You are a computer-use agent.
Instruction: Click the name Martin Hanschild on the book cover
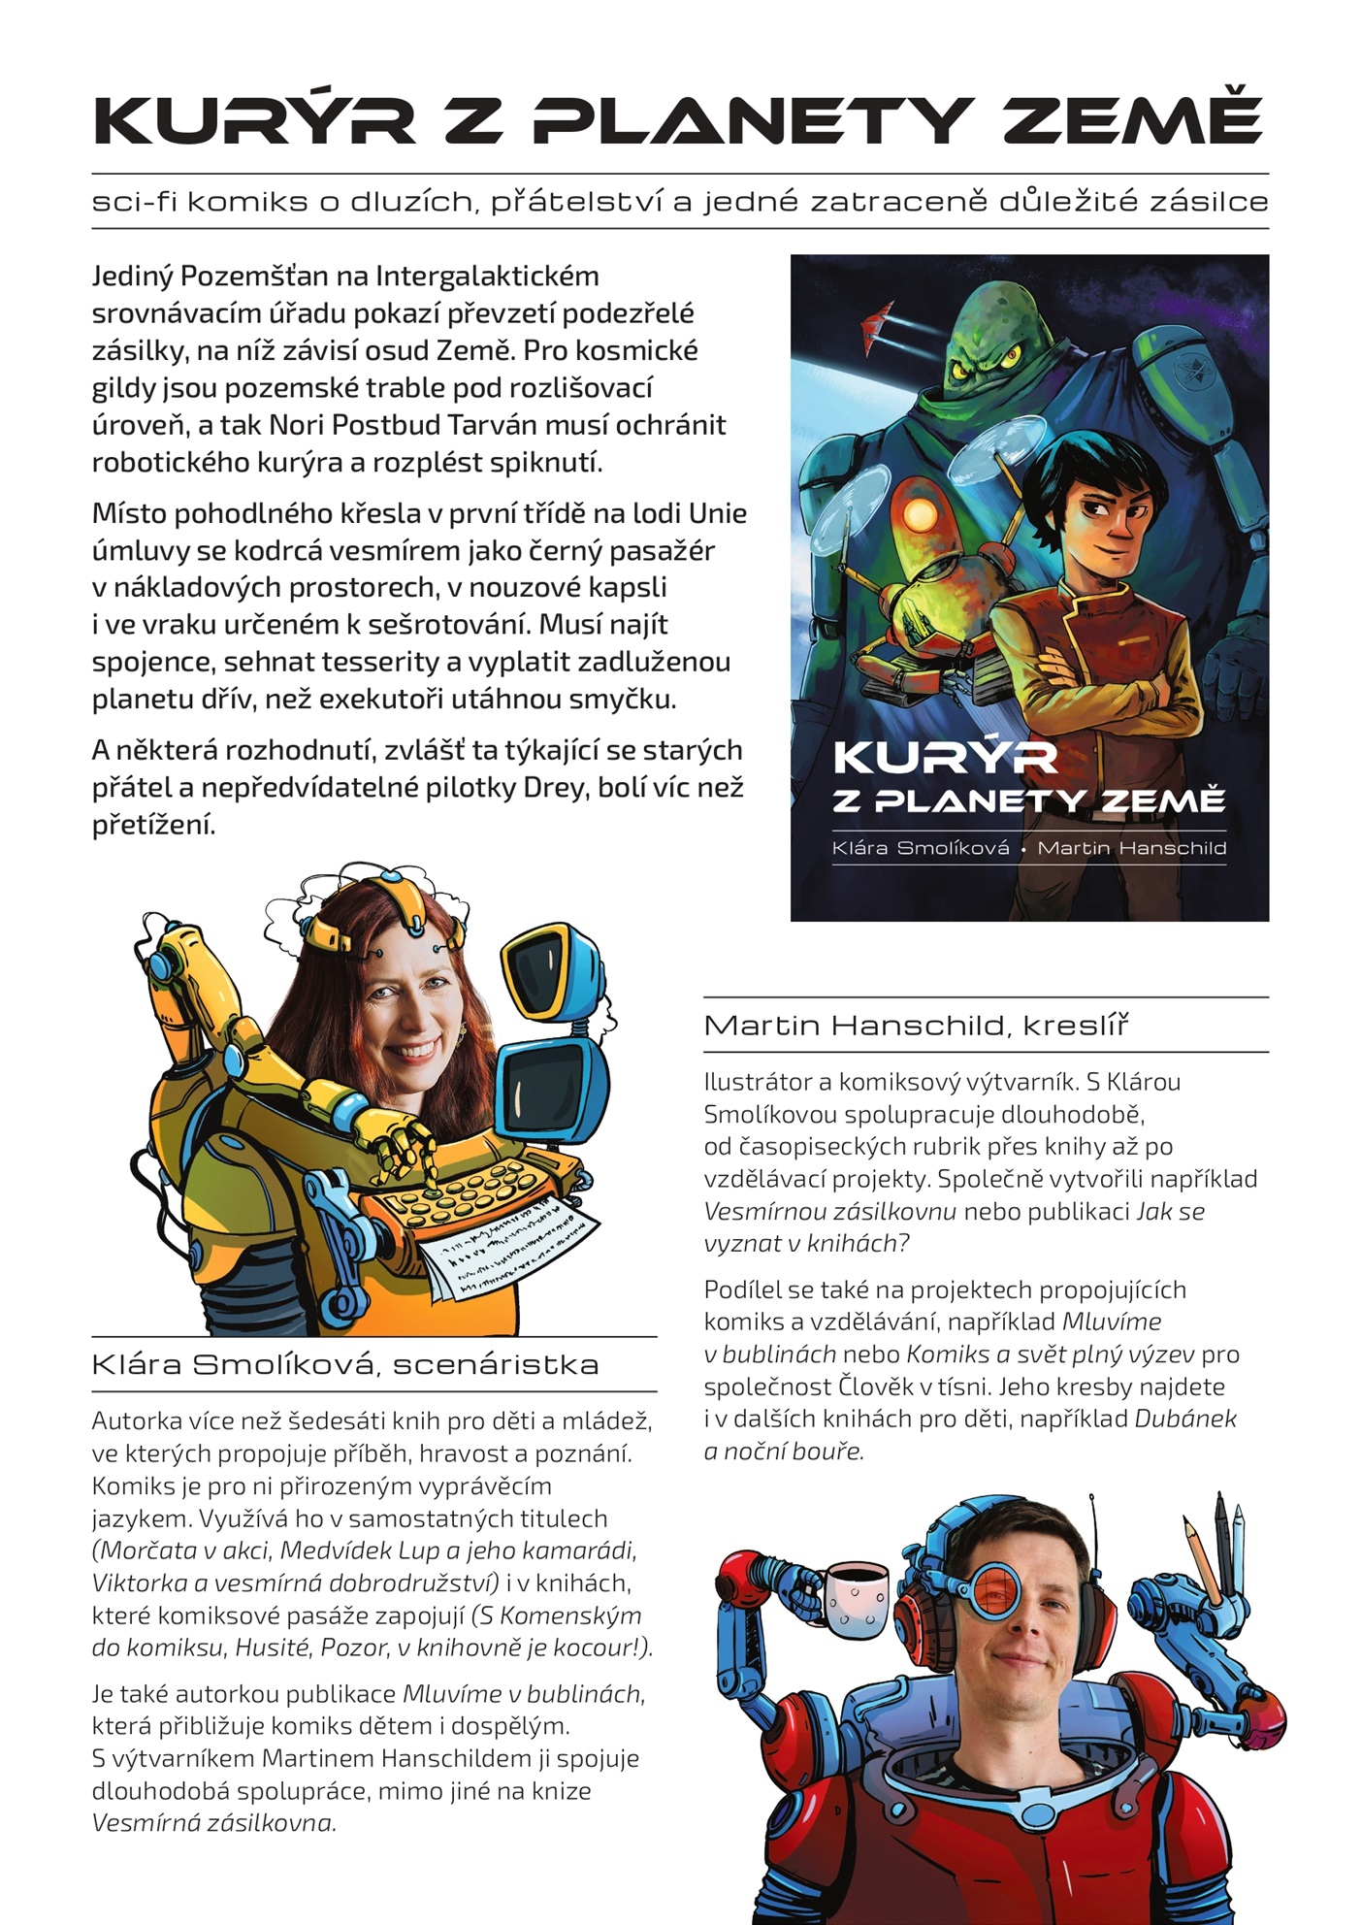(1132, 848)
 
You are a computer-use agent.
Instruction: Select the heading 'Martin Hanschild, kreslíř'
(917, 1026)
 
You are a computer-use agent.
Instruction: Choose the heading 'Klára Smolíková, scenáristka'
(345, 1365)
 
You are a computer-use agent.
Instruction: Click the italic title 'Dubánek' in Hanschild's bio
(1185, 1419)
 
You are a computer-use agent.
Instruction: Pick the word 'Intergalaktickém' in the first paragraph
(487, 277)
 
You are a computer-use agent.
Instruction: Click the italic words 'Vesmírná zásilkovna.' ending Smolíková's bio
(213, 1823)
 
